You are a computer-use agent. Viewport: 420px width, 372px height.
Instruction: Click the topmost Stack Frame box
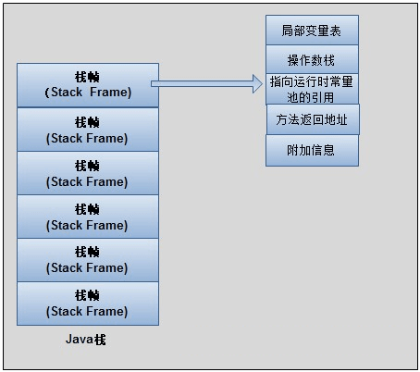click(x=88, y=84)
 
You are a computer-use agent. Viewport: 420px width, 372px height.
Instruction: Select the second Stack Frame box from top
click(x=88, y=130)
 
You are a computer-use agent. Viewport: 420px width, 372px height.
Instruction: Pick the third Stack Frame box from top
click(x=88, y=173)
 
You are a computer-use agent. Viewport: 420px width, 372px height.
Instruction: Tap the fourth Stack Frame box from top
click(x=88, y=217)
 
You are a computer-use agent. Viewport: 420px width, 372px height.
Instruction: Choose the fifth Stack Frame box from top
click(x=88, y=260)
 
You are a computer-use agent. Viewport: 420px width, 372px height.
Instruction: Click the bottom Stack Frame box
click(x=88, y=304)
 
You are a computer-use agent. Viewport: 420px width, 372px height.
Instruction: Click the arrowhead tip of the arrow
click(x=262, y=85)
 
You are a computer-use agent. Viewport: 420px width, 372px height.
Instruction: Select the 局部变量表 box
click(x=312, y=31)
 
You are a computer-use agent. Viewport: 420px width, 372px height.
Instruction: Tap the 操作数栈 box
click(x=312, y=60)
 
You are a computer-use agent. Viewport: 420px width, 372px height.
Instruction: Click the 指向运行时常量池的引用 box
click(x=312, y=89)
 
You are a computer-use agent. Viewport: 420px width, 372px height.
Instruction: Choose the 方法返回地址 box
click(x=312, y=119)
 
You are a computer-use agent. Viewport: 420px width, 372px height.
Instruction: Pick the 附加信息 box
click(x=312, y=150)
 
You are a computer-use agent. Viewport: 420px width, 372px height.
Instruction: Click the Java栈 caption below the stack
click(x=86, y=340)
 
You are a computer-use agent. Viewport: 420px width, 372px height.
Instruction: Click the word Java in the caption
click(x=78, y=340)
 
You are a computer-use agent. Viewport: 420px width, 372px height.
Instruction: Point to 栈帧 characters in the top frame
click(x=88, y=77)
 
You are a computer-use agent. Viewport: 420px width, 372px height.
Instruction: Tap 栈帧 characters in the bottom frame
click(x=88, y=295)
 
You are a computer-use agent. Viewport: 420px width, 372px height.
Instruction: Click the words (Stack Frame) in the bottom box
click(x=88, y=312)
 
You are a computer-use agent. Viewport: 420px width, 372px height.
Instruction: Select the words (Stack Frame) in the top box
click(x=88, y=93)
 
